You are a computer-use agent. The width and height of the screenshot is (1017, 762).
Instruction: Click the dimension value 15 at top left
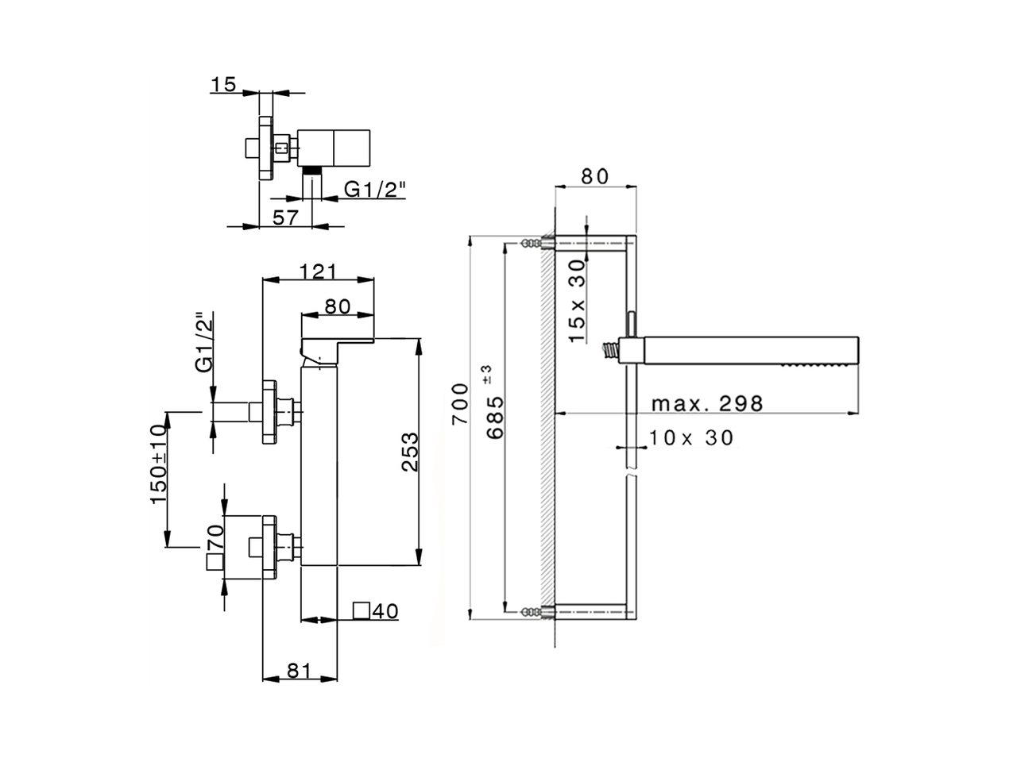pos(225,84)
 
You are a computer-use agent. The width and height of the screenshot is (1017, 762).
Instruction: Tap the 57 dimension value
pos(285,216)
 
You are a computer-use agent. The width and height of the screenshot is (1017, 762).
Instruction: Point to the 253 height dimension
pos(410,452)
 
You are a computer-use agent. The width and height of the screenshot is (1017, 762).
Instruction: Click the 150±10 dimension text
pos(158,464)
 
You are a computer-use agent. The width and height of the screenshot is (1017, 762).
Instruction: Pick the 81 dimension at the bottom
pos(298,671)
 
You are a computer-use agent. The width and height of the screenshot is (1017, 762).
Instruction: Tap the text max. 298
pos(706,403)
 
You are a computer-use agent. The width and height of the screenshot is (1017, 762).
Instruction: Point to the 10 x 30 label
pos(690,437)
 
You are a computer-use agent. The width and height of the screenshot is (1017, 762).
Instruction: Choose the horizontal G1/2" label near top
pos(375,189)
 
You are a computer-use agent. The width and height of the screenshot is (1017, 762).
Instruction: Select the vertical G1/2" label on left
pos(205,342)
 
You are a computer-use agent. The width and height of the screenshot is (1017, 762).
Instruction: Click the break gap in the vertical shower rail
pos(630,475)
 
